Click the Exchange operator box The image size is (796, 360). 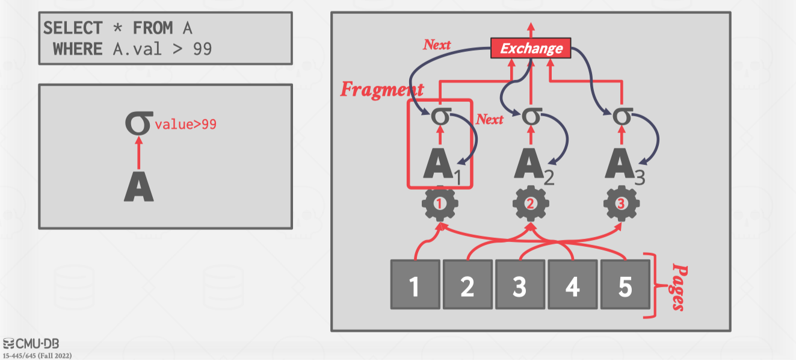tap(531, 48)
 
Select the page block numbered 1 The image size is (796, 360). tap(415, 285)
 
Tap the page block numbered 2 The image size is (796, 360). tap(467, 285)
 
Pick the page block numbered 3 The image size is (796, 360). tap(520, 285)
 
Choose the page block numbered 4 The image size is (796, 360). tap(572, 285)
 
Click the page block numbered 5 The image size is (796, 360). tap(625, 285)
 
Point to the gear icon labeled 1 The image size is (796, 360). tap(440, 204)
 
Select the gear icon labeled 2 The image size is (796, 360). tap(531, 204)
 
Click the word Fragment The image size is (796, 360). tap(381, 90)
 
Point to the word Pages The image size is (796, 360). tap(678, 287)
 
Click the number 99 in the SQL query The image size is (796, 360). tap(202, 49)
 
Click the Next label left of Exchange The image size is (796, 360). tap(437, 45)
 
